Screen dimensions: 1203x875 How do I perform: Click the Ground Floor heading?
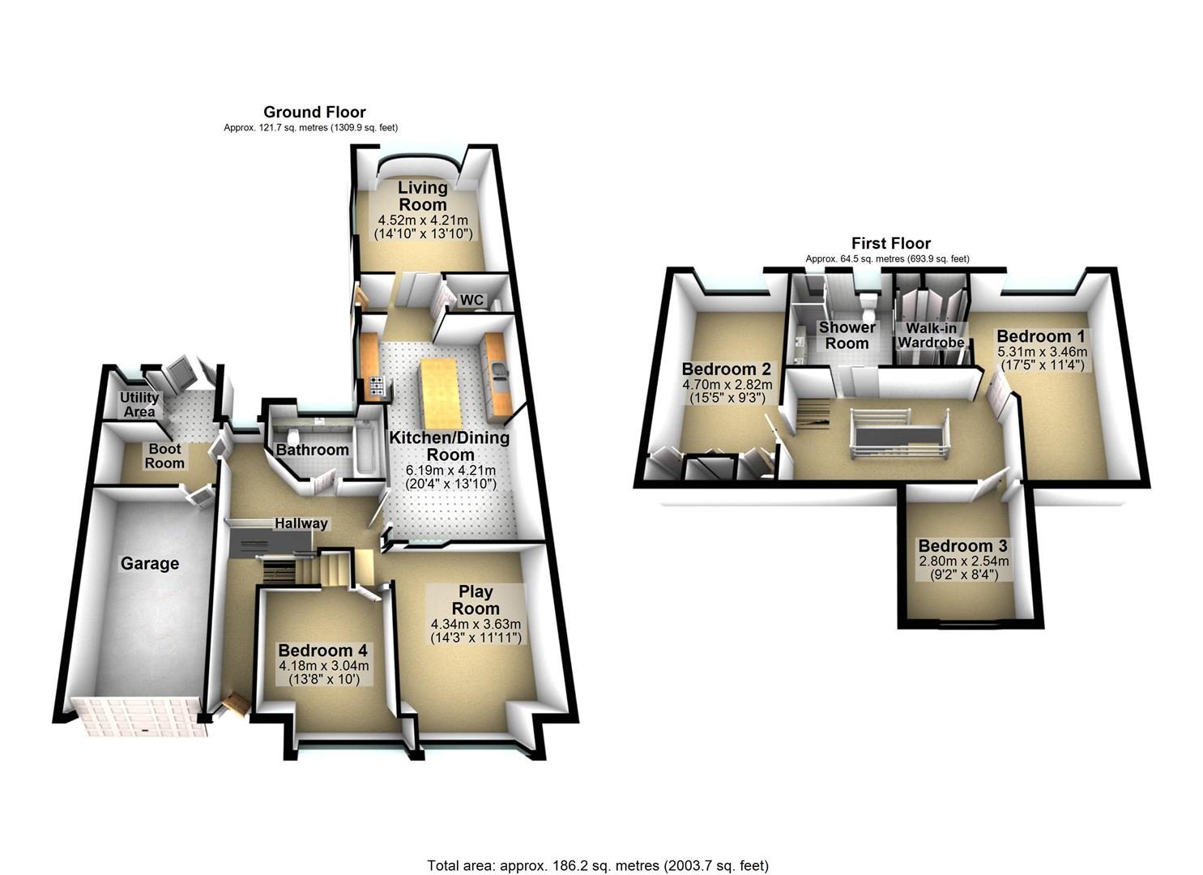point(314,113)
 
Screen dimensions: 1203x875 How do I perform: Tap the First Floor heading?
point(891,243)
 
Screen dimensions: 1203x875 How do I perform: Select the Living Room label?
point(423,196)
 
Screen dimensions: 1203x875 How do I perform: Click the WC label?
point(471,300)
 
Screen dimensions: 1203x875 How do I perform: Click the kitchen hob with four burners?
point(377,386)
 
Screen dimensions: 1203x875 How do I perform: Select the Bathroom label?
point(312,450)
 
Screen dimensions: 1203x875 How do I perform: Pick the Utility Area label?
point(139,404)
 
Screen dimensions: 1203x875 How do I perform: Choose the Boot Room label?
point(165,455)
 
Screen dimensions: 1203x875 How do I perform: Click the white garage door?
point(139,716)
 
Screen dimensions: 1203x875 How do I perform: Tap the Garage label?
point(150,563)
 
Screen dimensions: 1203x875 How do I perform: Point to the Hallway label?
point(301,523)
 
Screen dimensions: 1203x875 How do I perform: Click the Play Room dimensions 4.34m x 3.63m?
point(476,624)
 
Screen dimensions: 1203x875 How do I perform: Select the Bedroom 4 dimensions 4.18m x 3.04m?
point(324,666)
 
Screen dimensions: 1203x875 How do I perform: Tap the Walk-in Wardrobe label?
point(931,335)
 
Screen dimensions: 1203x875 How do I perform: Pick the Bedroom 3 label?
point(962,546)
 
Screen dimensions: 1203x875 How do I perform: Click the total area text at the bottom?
point(598,851)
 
